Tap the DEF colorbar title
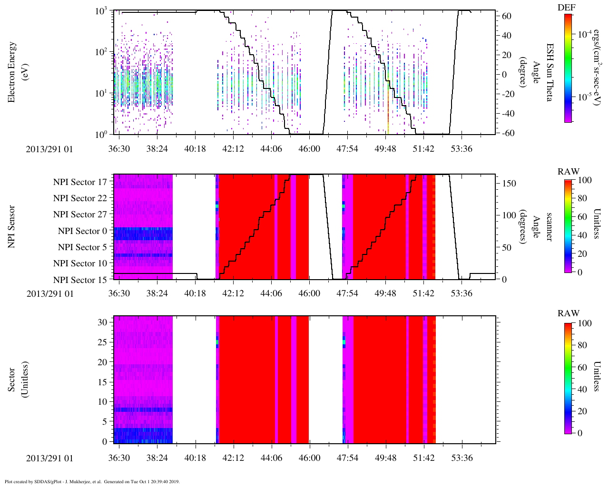click(566, 7)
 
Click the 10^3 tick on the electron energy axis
click(101, 11)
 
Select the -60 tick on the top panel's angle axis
click(507, 133)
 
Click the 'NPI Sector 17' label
click(80, 182)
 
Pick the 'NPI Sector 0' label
click(82, 231)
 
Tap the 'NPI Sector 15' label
click(80, 280)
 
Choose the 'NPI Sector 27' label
click(80, 214)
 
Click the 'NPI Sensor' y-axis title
click(11, 226)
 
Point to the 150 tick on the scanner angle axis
click(509, 184)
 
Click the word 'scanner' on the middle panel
click(549, 226)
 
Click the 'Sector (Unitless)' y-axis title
click(18, 380)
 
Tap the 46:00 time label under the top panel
click(309, 149)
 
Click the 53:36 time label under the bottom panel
click(462, 458)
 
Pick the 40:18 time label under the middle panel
click(195, 293)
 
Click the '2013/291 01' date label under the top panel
click(50, 149)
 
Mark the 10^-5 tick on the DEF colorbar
click(585, 97)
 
